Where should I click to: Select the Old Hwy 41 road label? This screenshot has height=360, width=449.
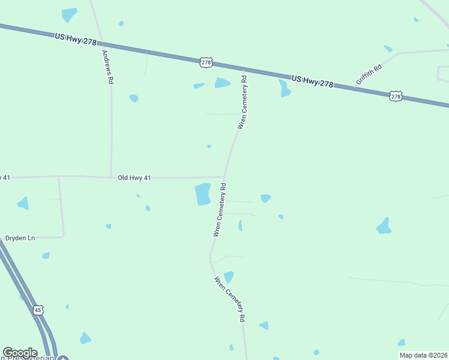[x=134, y=178]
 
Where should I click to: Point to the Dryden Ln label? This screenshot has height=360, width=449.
[x=20, y=238]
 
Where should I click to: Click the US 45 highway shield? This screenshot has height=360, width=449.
[x=38, y=310]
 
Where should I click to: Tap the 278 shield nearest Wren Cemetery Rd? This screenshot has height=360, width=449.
[x=206, y=62]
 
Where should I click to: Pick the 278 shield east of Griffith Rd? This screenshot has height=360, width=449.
[x=395, y=96]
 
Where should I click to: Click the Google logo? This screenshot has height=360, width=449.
[x=20, y=353]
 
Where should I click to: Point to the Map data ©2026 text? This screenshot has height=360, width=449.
[x=423, y=355]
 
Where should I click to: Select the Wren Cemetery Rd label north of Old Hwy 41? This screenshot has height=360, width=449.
[x=243, y=102]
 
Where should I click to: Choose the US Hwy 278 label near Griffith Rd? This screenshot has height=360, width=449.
[x=312, y=82]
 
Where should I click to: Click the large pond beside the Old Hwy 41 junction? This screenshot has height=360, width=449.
[x=203, y=194]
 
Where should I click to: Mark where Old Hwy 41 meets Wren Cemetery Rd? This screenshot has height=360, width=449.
[x=224, y=178]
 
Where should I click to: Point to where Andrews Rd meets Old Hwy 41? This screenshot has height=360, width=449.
[x=112, y=177]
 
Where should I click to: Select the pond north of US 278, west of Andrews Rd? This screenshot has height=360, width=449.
[x=70, y=14]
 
